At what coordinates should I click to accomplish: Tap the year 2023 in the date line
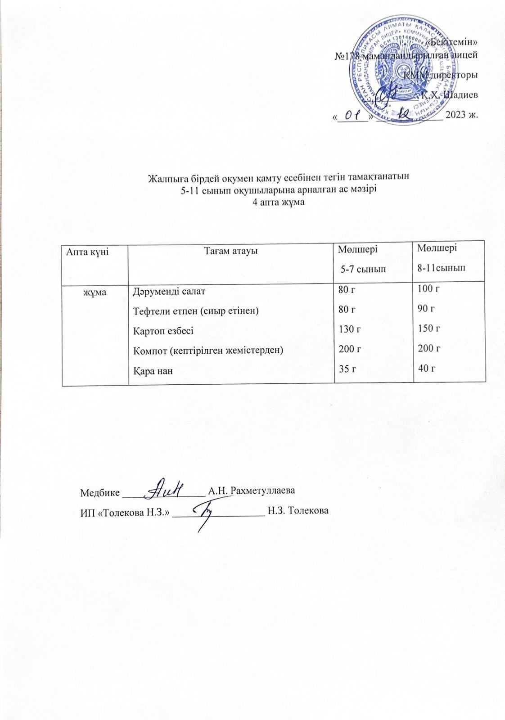pyautogui.click(x=455, y=116)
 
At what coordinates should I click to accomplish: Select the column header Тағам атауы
pyautogui.click(x=231, y=251)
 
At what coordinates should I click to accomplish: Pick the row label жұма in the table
pyautogui.click(x=95, y=292)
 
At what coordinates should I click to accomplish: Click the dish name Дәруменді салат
pyautogui.click(x=169, y=292)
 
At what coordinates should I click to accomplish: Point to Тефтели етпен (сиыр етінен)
pyautogui.click(x=195, y=311)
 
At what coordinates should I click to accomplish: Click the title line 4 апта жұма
pyautogui.click(x=279, y=202)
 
